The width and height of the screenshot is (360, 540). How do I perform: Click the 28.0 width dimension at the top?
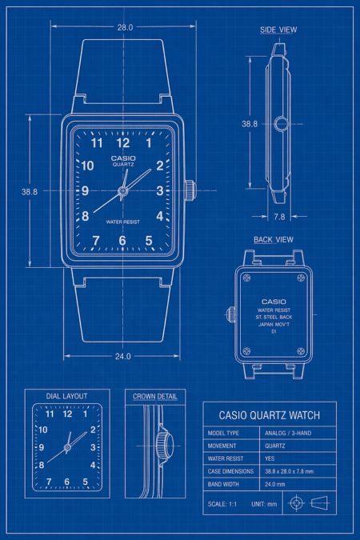(x=125, y=27)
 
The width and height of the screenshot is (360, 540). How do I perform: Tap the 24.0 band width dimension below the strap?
(x=122, y=356)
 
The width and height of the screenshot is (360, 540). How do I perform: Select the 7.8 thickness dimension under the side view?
(x=279, y=217)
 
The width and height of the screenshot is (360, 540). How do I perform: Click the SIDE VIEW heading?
(x=278, y=30)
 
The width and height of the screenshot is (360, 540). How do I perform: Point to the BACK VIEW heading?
(x=274, y=240)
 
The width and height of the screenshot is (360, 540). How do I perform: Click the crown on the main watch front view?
(x=190, y=190)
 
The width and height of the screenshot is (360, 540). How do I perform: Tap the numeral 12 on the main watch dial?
(x=123, y=142)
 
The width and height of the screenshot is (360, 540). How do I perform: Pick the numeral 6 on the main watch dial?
(x=122, y=240)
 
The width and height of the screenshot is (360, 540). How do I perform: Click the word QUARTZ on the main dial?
(x=123, y=165)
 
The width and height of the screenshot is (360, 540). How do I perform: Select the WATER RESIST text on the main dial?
(x=123, y=222)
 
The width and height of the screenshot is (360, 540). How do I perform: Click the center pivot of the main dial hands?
(x=122, y=190)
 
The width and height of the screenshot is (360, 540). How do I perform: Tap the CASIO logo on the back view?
(x=274, y=302)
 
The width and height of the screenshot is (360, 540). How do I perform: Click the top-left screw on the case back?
(x=246, y=278)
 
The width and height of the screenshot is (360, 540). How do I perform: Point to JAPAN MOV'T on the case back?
(x=274, y=325)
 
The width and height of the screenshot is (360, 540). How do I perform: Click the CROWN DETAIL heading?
(x=155, y=396)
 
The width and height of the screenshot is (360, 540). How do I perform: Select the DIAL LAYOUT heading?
(x=67, y=396)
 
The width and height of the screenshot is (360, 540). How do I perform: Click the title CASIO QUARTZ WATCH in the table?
(x=270, y=415)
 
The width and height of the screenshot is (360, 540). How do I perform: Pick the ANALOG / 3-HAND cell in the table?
(x=288, y=434)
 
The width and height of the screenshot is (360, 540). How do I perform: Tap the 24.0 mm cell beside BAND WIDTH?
(x=275, y=484)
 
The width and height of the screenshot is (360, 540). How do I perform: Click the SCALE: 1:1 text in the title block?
(x=222, y=504)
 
